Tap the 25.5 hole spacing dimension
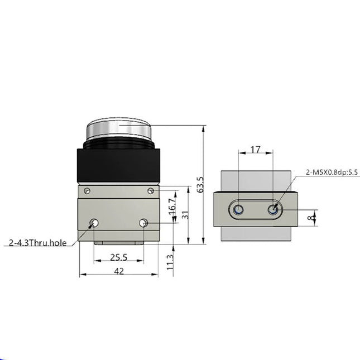tap(118, 257)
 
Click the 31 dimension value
tap(185, 214)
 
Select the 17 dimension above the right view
tap(255, 150)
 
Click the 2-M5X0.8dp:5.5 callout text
tap(332, 172)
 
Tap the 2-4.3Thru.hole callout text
tap(37, 243)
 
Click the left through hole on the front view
tap(94, 223)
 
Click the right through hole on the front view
tap(143, 223)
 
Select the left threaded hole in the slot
tap(238, 210)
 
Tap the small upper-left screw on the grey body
tap(87, 191)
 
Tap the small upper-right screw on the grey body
tap(150, 191)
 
